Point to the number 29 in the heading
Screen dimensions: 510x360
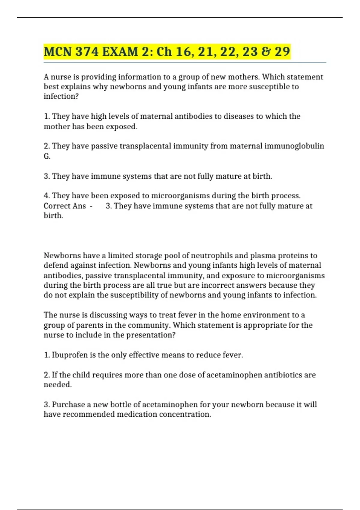282,52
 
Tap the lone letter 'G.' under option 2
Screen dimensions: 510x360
47,156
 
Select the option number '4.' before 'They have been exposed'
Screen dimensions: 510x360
47,196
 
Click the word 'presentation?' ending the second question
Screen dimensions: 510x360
151,335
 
